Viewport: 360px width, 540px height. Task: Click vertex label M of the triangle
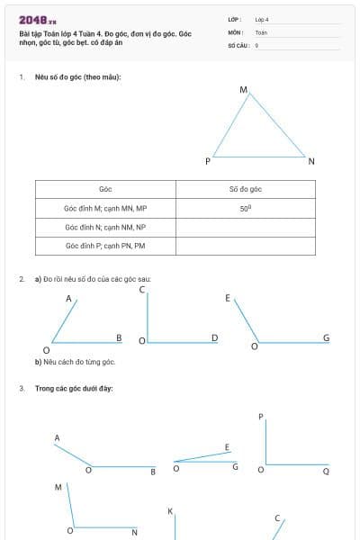point(243,90)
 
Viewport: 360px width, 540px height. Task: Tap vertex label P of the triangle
point(208,161)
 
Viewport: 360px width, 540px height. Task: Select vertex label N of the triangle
point(311,161)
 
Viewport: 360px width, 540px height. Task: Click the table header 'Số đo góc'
point(245,189)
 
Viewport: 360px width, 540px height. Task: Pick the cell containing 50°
point(245,208)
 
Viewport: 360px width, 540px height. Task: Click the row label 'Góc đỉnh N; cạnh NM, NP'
point(105,227)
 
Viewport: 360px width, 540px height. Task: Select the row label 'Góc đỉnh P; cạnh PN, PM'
point(105,246)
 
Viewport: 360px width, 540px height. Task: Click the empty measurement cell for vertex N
point(245,227)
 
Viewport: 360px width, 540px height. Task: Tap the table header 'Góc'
point(105,189)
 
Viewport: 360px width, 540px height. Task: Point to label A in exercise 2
point(68,299)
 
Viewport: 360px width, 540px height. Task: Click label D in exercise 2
point(214,338)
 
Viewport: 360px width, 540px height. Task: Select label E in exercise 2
point(228,298)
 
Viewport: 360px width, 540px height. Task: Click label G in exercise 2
point(326,338)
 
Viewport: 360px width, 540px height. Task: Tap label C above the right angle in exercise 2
point(142,290)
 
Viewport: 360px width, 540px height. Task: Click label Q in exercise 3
point(326,471)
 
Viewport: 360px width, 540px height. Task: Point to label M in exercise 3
point(58,487)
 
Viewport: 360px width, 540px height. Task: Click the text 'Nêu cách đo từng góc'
point(77,362)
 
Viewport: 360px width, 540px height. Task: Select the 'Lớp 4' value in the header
point(262,19)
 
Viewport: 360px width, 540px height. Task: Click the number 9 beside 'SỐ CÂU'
point(256,43)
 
